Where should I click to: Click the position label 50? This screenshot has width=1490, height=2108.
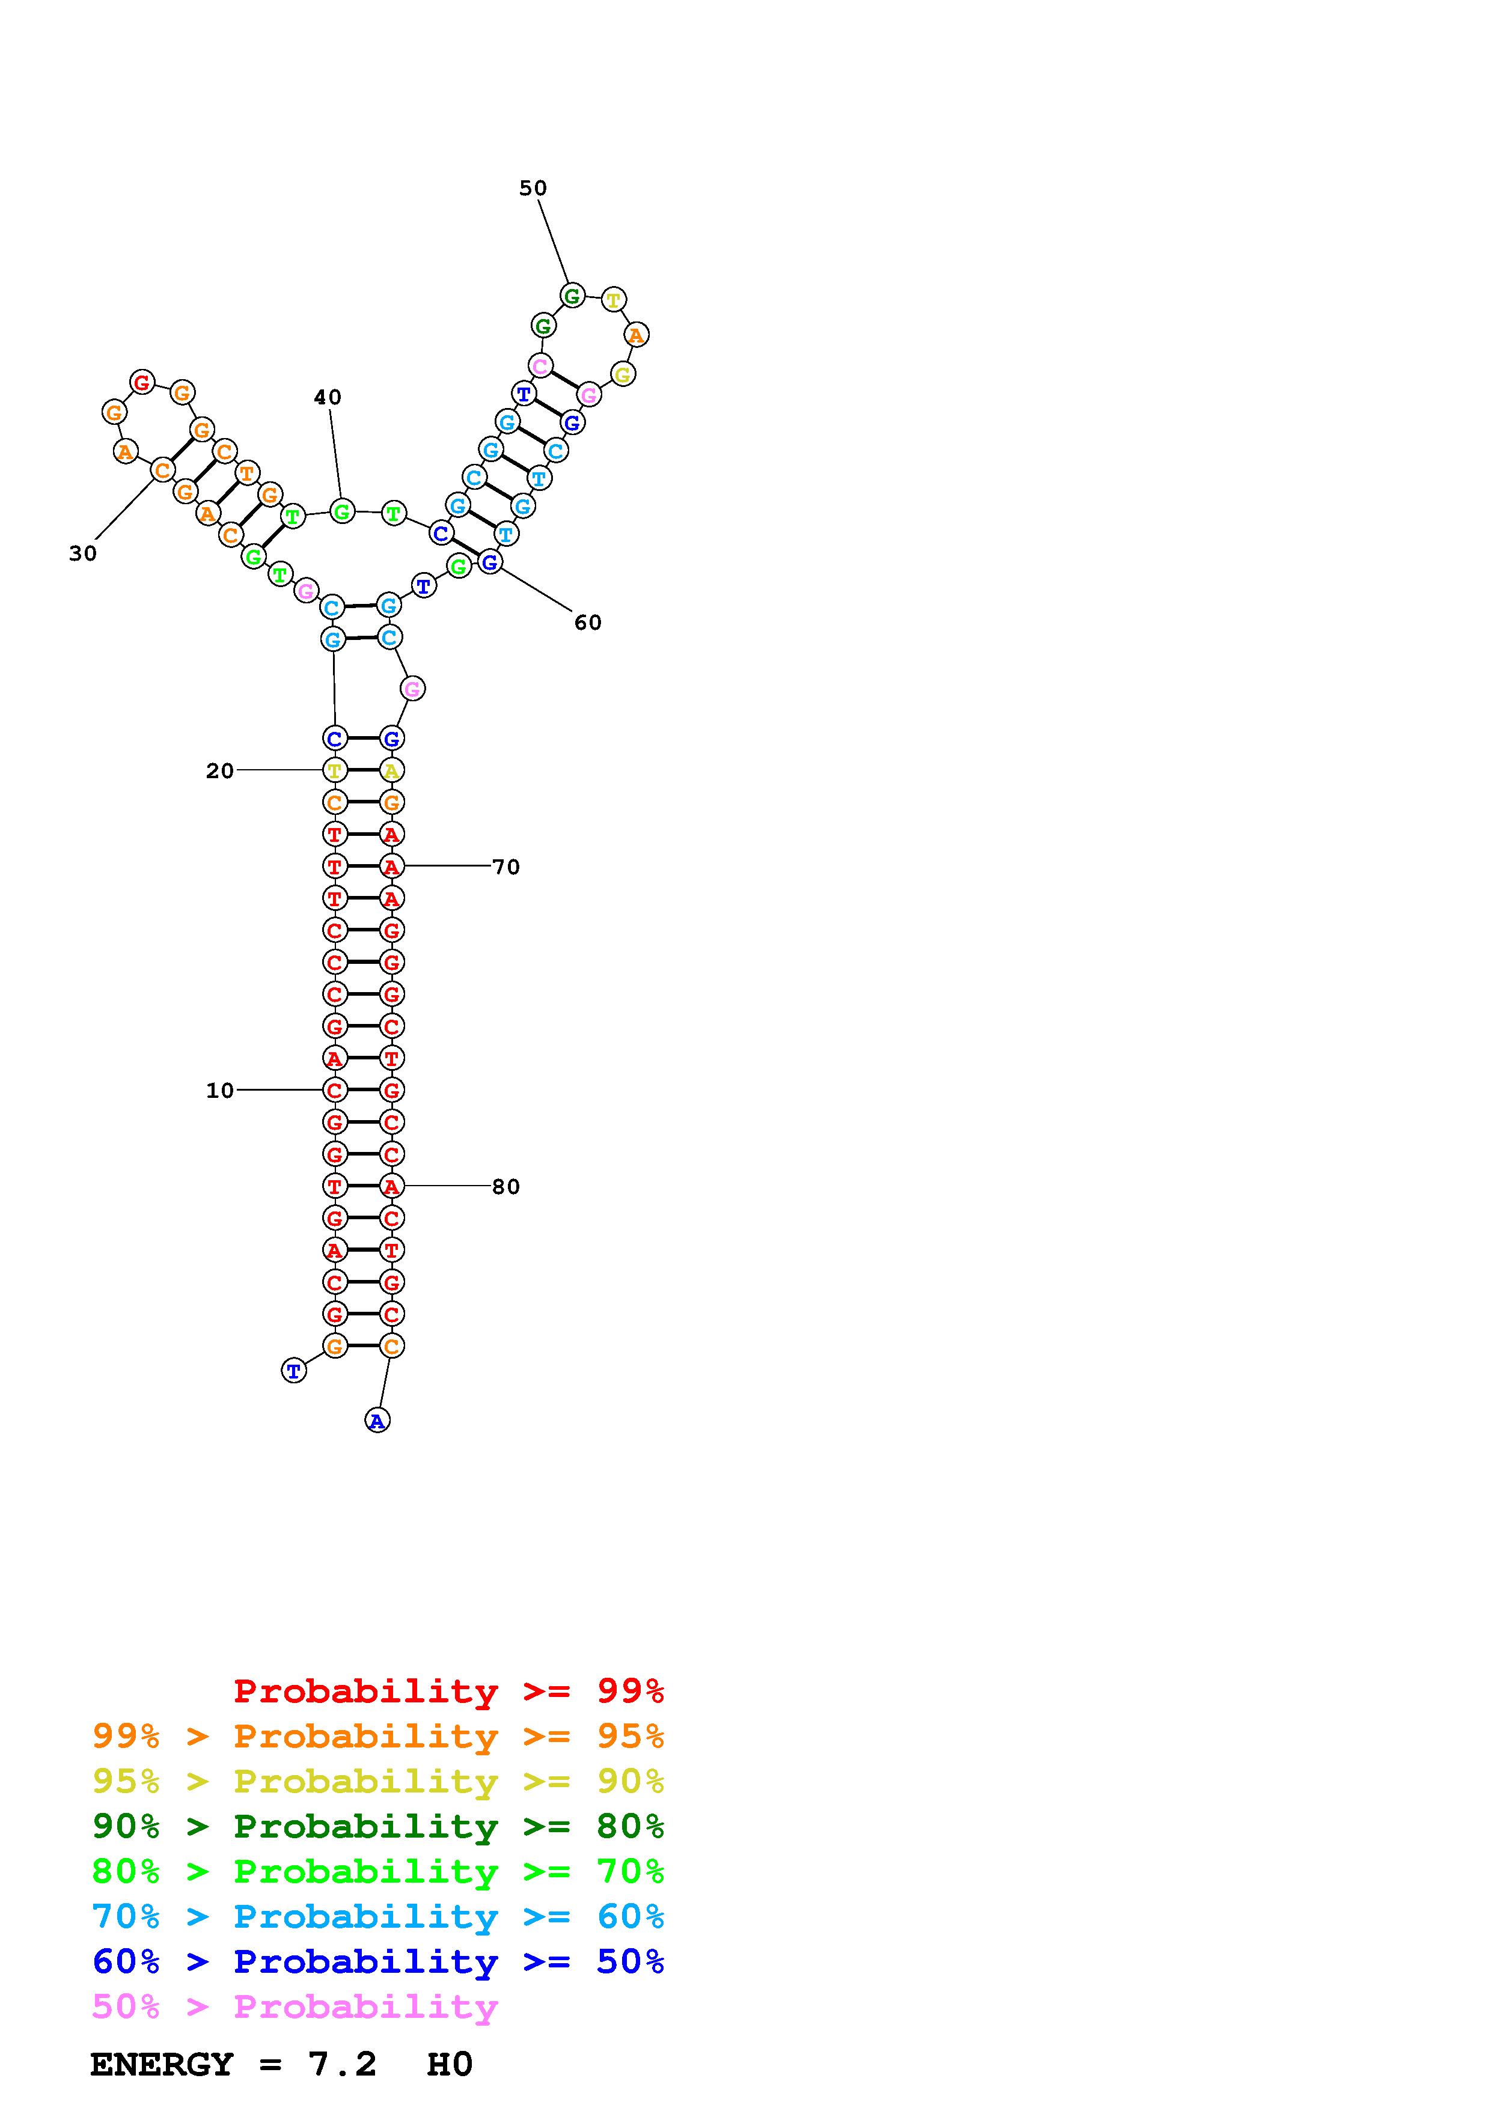533,188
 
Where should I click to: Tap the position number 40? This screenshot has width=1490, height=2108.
328,398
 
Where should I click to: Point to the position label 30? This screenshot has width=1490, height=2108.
82,553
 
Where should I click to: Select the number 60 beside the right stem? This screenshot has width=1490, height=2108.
588,623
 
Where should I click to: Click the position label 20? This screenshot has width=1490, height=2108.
219,771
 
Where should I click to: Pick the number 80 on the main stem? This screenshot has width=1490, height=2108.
506,1187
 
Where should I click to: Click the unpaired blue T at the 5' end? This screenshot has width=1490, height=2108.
294,1371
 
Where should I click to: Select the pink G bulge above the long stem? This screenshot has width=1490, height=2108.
413,689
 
